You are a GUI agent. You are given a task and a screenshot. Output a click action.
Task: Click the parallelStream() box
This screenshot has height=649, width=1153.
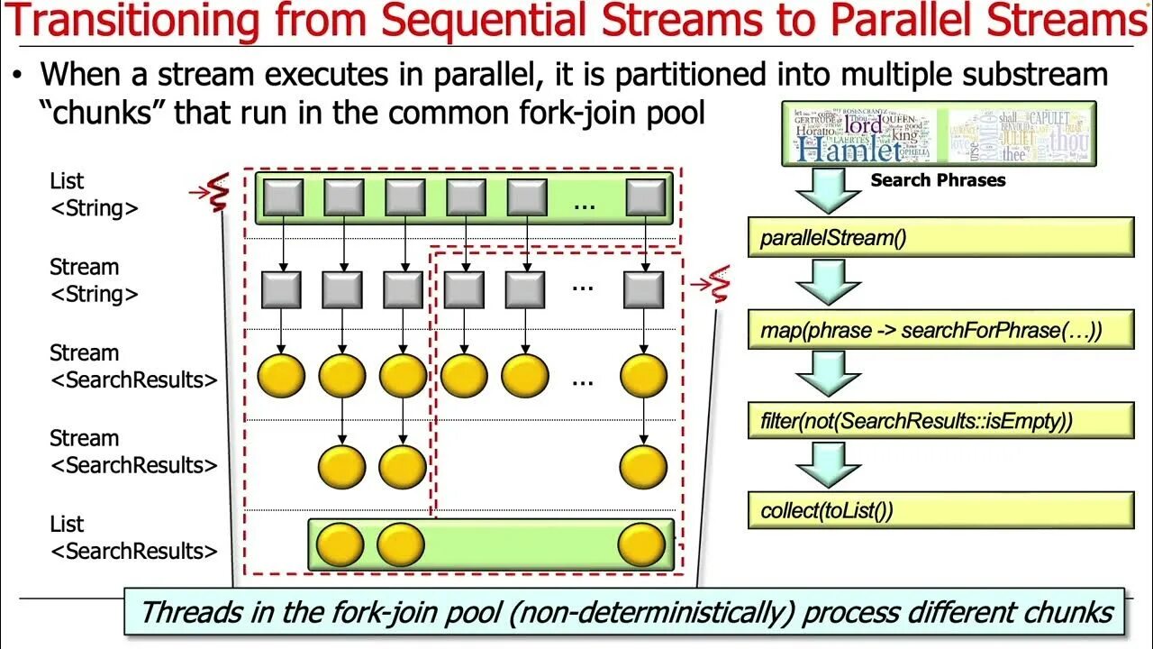940,238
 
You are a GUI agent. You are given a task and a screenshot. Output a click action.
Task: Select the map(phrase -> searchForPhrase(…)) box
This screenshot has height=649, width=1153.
940,330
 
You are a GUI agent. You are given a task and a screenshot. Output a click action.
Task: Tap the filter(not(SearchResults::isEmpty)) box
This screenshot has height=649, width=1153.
940,420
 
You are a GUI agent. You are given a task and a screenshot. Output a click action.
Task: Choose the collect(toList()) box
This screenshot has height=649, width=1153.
940,510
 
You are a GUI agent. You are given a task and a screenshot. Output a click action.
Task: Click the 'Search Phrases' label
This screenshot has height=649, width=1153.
938,180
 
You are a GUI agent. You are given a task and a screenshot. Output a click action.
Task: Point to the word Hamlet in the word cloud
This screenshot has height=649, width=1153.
849,150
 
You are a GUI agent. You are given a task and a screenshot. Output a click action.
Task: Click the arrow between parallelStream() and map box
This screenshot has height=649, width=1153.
828,282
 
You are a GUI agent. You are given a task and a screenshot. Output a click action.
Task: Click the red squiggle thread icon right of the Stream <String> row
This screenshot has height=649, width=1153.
718,284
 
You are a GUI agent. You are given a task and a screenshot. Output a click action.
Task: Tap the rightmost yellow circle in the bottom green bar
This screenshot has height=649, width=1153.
642,544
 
